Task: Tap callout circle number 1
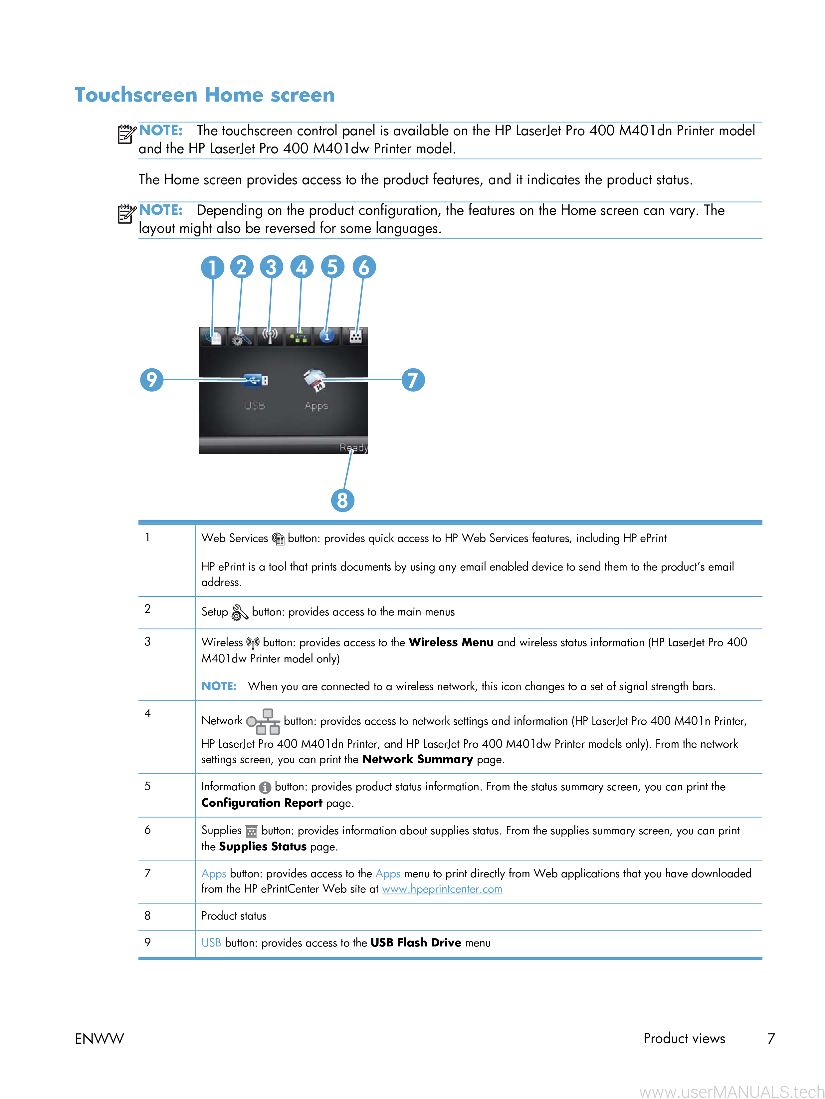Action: tap(212, 267)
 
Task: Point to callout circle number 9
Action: tap(152, 380)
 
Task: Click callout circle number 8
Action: tap(342, 500)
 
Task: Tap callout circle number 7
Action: tap(413, 380)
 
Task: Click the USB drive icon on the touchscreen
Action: tap(256, 381)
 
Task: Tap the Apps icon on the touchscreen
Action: tap(315, 380)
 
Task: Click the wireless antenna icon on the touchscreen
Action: tap(270, 336)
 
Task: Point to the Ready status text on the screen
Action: tap(353, 448)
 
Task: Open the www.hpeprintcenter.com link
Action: tap(442, 889)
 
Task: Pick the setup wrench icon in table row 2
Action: tap(240, 612)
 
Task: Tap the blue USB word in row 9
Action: tap(211, 942)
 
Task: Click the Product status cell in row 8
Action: tap(234, 916)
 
